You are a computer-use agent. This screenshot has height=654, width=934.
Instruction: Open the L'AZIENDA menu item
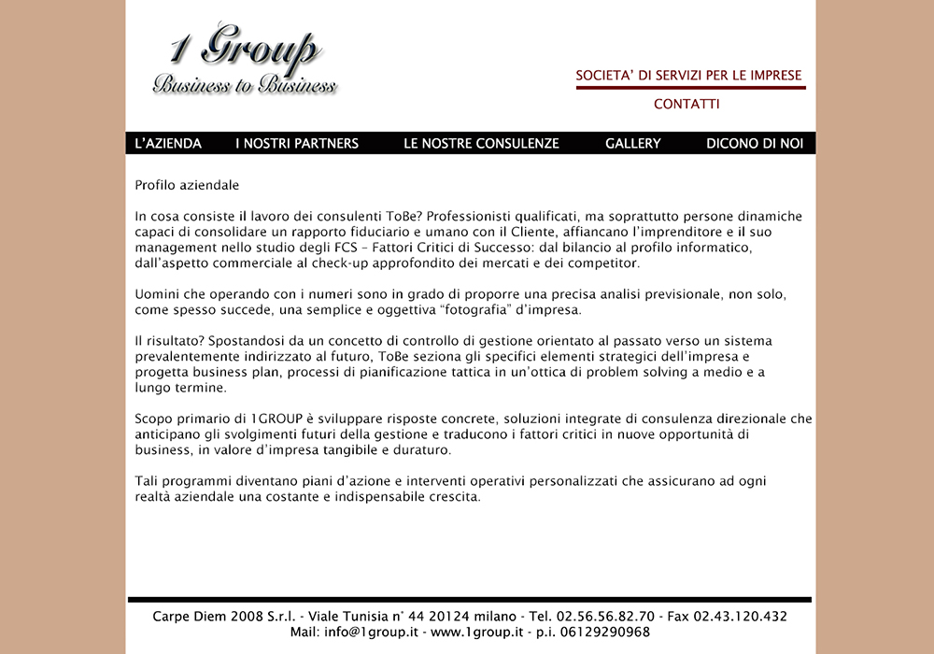point(168,143)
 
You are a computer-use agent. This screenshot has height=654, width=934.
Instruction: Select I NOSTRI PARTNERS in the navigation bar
point(297,143)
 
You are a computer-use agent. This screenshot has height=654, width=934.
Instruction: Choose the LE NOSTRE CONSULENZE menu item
point(481,143)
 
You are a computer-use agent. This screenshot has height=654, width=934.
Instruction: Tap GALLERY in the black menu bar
point(632,143)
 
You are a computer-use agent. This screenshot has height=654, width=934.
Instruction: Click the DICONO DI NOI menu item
point(754,143)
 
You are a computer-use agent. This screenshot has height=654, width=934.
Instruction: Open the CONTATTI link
point(686,104)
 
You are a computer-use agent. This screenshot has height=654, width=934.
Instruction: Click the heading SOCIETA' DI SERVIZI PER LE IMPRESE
point(688,75)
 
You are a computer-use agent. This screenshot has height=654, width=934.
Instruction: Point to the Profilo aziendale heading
point(187,185)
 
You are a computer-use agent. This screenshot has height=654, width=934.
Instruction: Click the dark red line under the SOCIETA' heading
point(690,88)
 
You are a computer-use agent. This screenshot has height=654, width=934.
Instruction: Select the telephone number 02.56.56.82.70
point(605,617)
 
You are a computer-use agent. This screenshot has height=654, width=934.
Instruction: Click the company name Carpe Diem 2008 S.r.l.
point(224,617)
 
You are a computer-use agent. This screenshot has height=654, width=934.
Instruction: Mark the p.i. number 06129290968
point(603,632)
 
